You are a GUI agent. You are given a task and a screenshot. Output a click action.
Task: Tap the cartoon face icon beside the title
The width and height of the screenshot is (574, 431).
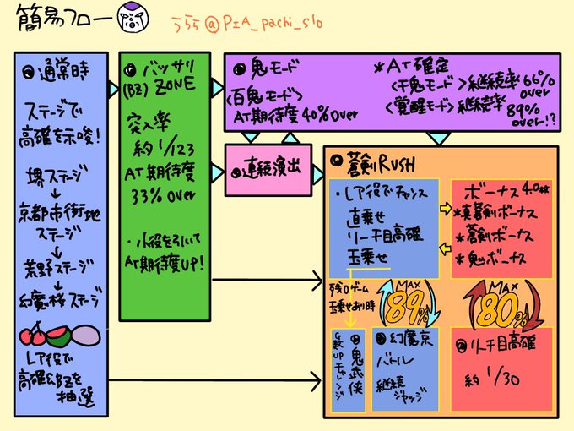tap(133, 19)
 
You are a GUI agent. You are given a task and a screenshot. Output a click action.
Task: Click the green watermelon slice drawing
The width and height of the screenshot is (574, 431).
tap(60, 339)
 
